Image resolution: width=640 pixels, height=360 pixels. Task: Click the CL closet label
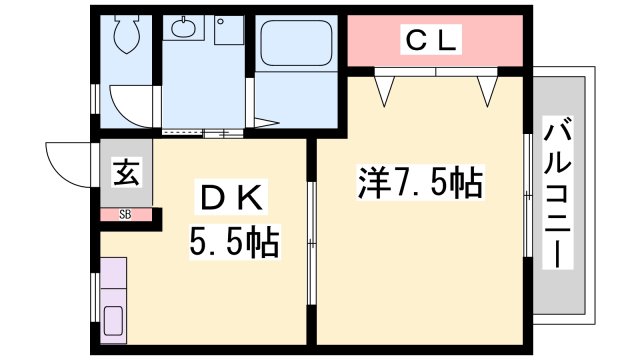coord(432,41)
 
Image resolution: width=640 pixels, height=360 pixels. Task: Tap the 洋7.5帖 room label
coord(421,183)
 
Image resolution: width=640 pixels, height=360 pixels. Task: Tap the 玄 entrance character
coord(126,173)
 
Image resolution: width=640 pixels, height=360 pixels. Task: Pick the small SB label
coord(126,214)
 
